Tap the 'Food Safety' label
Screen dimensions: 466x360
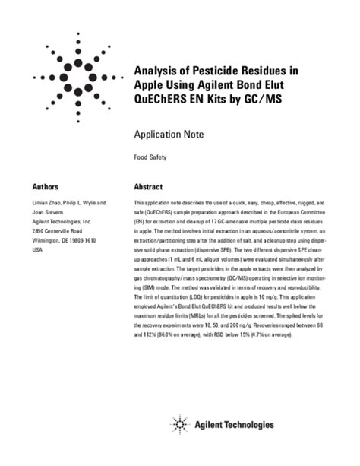[150, 158]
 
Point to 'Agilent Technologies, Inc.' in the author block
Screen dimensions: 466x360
[61, 221]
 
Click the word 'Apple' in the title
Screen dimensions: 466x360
[150, 87]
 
